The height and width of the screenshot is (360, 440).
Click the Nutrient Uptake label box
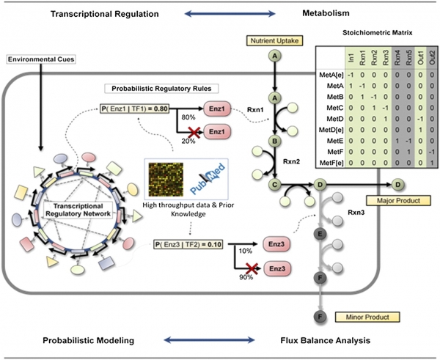[275, 40]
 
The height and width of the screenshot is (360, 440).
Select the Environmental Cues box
[41, 59]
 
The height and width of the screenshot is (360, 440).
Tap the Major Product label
[398, 201]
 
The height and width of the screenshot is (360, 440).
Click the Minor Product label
[367, 317]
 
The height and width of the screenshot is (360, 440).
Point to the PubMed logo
[208, 178]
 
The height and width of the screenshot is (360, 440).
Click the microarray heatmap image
[166, 180]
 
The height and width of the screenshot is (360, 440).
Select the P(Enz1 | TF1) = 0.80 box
[135, 109]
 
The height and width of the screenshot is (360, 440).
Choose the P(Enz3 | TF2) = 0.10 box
[188, 244]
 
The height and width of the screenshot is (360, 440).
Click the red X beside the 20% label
[195, 132]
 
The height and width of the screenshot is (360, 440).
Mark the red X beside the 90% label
[252, 269]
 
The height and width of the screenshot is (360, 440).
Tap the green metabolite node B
[275, 141]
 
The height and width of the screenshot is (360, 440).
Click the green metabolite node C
[275, 184]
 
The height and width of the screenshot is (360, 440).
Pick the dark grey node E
[320, 234]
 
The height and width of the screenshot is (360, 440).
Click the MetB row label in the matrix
[335, 97]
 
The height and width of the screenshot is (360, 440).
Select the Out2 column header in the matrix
[432, 57]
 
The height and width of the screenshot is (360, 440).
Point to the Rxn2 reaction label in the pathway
[291, 161]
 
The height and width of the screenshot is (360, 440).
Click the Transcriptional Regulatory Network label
[78, 210]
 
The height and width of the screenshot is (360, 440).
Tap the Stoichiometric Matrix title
[378, 33]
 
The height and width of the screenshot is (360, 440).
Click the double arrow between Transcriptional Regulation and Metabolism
[230, 13]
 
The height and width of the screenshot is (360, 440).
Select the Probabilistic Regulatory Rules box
[161, 89]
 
